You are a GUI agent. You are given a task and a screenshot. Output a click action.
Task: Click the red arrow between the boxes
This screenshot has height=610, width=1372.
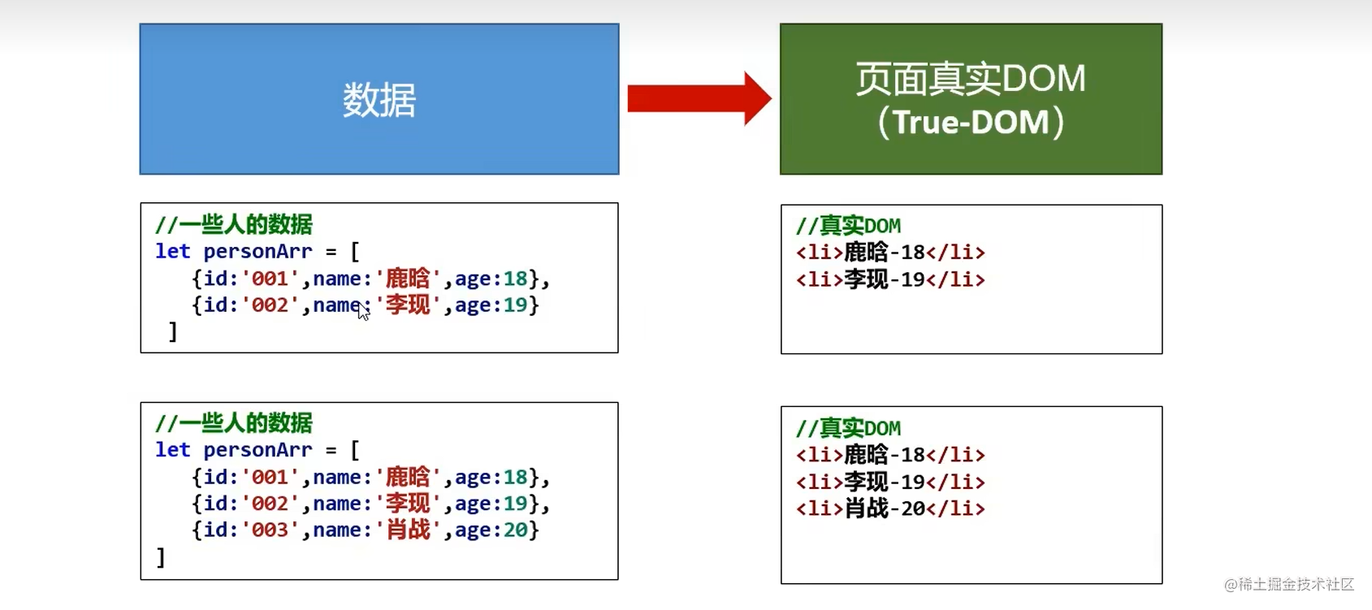coord(699,98)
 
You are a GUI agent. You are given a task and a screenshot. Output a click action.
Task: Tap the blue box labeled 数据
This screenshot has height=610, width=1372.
coord(379,99)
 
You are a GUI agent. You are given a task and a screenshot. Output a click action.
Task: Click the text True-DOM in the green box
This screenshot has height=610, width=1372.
coord(971,123)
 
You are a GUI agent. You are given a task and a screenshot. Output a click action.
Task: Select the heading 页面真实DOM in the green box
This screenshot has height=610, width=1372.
coord(971,79)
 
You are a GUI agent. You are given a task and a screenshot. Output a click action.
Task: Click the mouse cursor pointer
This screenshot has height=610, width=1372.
coord(362,310)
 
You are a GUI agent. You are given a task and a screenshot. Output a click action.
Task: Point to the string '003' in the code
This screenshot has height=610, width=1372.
coord(270,530)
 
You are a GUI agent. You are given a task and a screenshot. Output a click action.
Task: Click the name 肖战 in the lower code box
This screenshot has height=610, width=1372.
coord(408,530)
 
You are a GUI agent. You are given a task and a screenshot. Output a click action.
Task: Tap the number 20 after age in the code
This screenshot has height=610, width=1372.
coord(516,530)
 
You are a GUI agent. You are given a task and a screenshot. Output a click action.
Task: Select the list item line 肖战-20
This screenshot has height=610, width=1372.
coord(890,508)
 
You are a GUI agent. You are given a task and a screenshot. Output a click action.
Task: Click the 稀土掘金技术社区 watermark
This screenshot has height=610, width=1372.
coord(1289,585)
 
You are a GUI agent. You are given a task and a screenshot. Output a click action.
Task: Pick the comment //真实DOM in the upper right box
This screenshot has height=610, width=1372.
coord(848,226)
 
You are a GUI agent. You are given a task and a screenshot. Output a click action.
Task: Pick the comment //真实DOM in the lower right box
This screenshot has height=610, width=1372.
coord(848,428)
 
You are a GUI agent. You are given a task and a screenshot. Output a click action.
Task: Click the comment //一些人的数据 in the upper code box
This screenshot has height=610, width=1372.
coord(234,225)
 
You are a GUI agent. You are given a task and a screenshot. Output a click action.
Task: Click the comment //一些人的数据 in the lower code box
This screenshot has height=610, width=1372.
coord(234,423)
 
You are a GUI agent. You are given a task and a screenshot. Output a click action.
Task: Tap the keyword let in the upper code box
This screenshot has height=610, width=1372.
coord(172,252)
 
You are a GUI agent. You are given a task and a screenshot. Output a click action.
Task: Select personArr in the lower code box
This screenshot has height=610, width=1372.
coord(258,450)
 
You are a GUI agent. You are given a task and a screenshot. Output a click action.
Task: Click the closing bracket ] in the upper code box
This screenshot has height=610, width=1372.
coord(172,331)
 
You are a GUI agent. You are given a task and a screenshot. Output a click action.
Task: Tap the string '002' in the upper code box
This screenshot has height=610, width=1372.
coord(270,305)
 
